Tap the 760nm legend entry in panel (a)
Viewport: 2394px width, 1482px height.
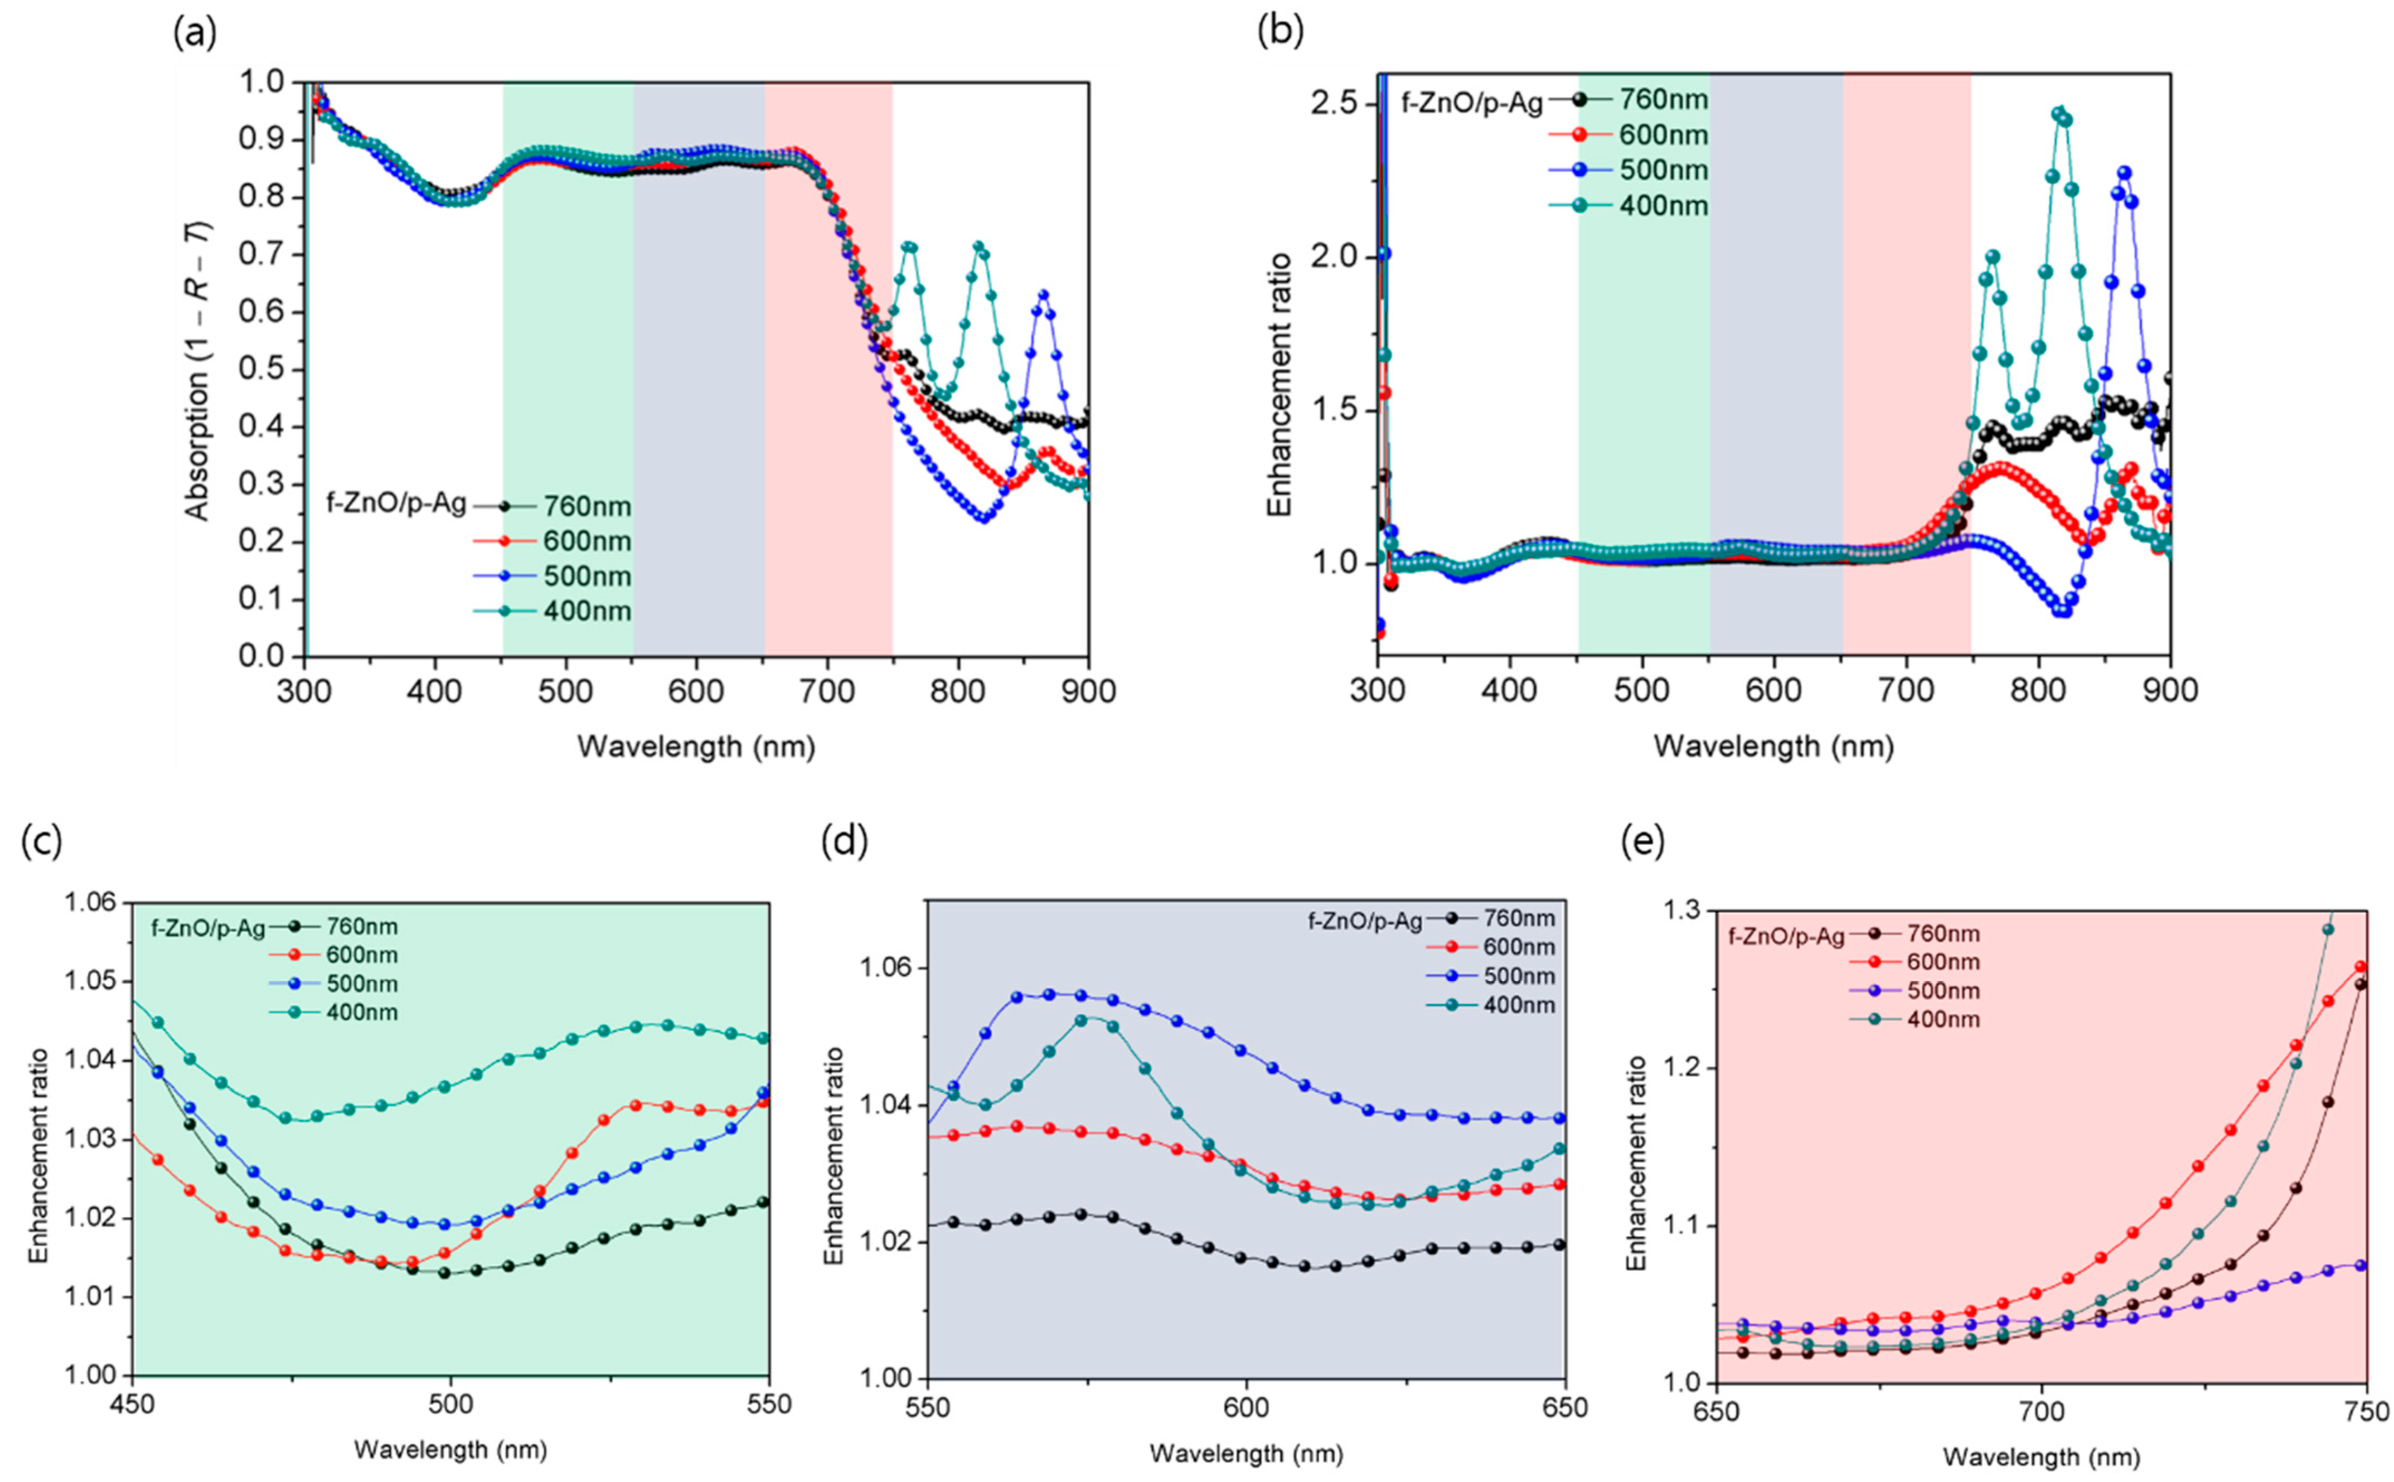click(586, 507)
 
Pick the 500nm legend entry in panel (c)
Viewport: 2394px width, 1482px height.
click(361, 983)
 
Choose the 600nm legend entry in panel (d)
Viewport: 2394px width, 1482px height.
click(1517, 947)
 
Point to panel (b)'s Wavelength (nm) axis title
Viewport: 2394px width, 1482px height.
click(1773, 747)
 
